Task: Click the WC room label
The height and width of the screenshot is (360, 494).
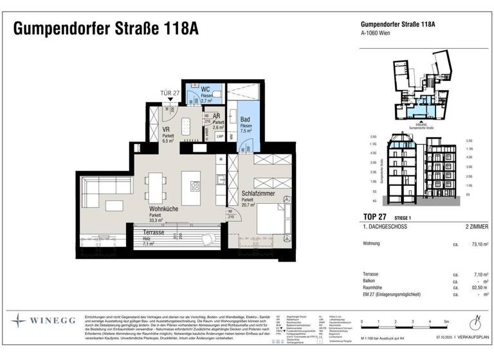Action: [x=205, y=89]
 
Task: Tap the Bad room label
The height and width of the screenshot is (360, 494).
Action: [x=245, y=120]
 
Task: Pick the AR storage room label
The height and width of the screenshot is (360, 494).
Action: [x=217, y=116]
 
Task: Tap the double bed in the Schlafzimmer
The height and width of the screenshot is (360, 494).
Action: [x=277, y=221]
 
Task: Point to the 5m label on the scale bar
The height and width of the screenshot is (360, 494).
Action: [x=446, y=321]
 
